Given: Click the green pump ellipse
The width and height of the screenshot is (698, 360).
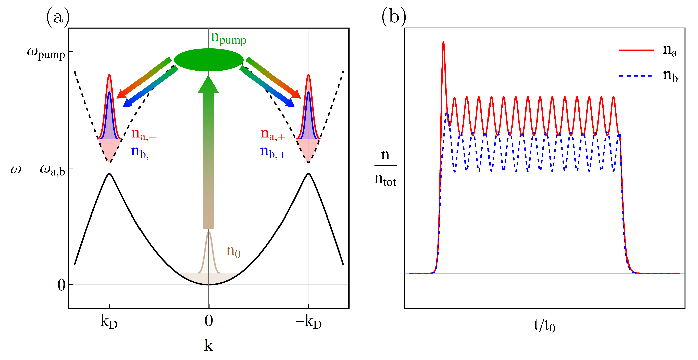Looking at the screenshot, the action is click(x=209, y=60).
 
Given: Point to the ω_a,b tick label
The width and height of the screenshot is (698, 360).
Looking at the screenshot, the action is click(x=53, y=170).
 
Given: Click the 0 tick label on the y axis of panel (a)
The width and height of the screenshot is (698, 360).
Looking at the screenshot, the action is click(x=62, y=285).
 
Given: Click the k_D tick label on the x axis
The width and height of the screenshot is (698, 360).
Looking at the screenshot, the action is click(x=109, y=322).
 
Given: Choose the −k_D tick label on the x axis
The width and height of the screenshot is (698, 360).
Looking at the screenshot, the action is click(x=308, y=322).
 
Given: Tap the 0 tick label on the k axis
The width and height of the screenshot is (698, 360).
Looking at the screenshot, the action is click(x=209, y=321).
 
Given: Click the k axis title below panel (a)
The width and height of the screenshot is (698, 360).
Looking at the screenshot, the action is click(x=208, y=345).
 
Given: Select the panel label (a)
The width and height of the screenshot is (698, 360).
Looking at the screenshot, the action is click(x=58, y=16).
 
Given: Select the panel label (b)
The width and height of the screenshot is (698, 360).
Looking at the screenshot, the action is click(x=394, y=16).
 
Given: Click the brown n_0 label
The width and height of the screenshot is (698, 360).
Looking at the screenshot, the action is click(x=233, y=251).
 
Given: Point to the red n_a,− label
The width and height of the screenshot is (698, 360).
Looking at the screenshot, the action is click(x=144, y=134).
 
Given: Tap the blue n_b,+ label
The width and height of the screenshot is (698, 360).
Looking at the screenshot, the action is click(x=273, y=152).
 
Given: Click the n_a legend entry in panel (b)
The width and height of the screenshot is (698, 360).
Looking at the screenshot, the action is click(x=648, y=50).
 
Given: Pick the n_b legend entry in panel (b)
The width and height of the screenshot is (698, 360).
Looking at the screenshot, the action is click(x=648, y=76).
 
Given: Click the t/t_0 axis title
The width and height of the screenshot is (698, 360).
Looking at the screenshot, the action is click(x=545, y=325).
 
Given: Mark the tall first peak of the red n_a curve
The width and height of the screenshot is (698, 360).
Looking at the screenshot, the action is click(x=443, y=42).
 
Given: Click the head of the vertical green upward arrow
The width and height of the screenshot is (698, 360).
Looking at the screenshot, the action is click(x=208, y=84).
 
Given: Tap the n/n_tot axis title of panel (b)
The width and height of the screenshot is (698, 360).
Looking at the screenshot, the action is click(x=385, y=168).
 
